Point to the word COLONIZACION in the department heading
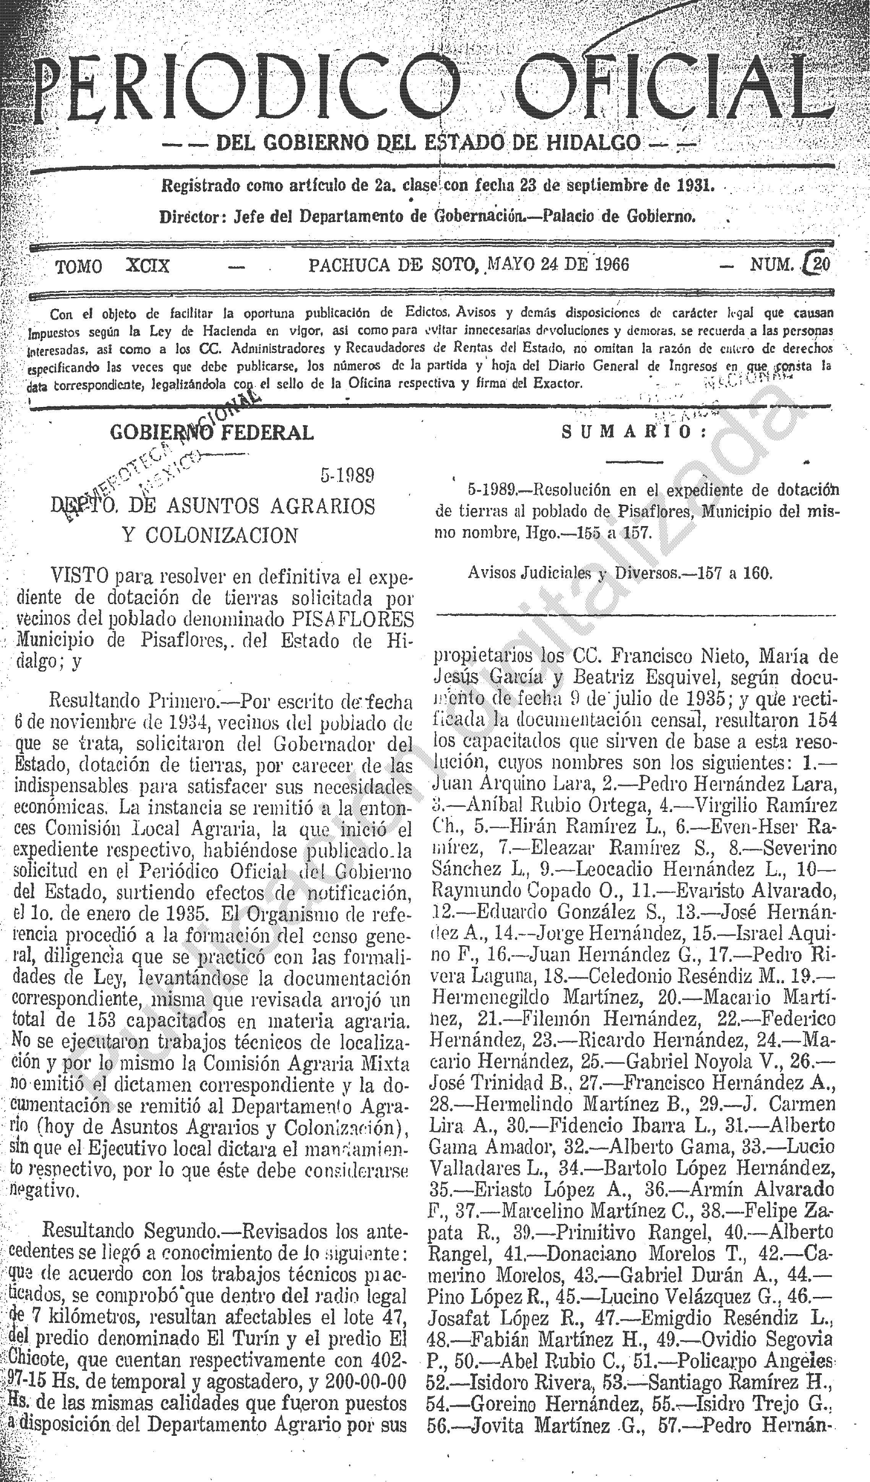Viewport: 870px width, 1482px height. (x=221, y=535)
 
